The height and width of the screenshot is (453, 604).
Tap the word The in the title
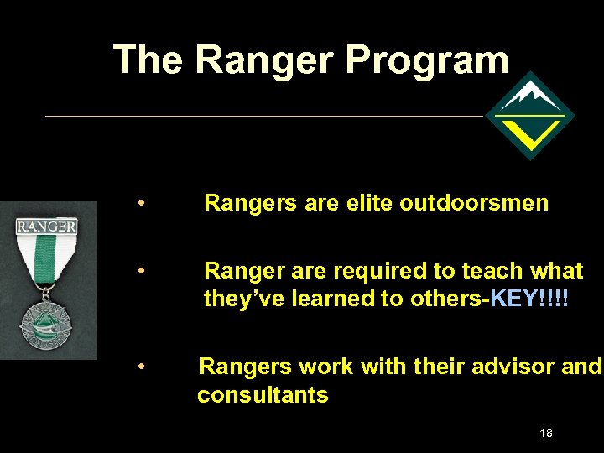click(148, 60)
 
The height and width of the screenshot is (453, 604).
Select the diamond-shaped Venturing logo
click(530, 116)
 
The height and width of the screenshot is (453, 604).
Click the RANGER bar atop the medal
click(47, 226)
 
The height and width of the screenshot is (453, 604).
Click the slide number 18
click(546, 433)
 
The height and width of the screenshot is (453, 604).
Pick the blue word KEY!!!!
click(529, 299)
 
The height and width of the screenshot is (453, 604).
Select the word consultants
click(263, 395)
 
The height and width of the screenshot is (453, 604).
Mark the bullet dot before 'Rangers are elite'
click(144, 203)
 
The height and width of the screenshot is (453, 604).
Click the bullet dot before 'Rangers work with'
click(144, 367)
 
